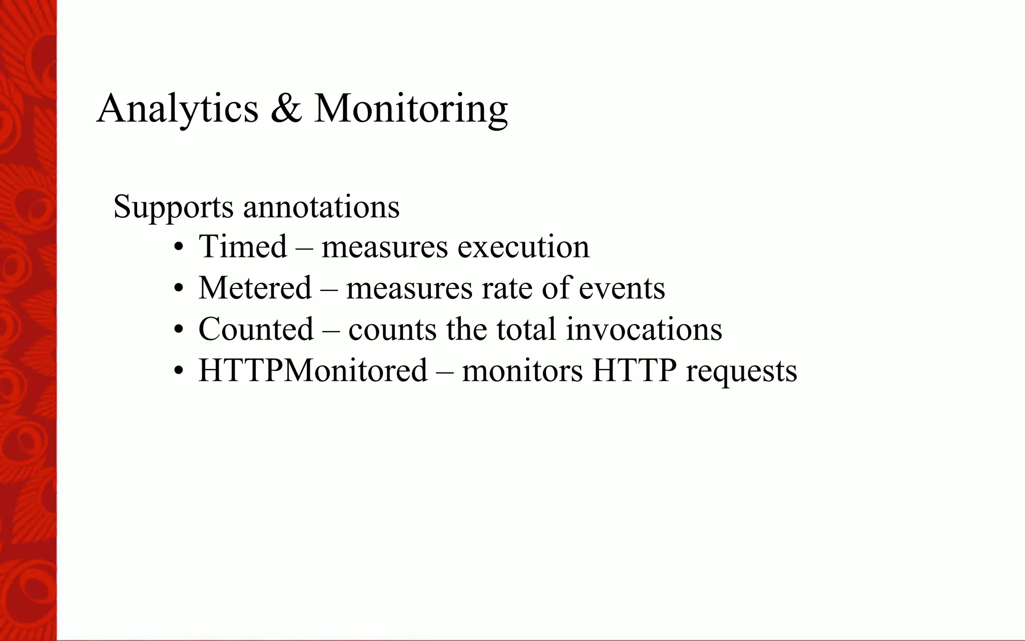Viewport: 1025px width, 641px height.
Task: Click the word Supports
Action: [173, 206]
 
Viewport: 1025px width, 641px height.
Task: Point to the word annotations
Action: [321, 206]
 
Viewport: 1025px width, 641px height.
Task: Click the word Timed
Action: [243, 246]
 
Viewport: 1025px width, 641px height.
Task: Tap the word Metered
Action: [255, 288]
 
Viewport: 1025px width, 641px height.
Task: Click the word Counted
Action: [256, 329]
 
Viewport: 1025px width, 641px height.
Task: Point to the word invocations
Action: [644, 330]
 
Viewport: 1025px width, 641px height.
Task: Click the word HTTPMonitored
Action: [313, 371]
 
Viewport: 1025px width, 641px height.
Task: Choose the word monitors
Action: [522, 371]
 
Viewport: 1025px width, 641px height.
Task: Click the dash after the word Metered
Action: [329, 289]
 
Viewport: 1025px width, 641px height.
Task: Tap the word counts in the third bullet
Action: [392, 330]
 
